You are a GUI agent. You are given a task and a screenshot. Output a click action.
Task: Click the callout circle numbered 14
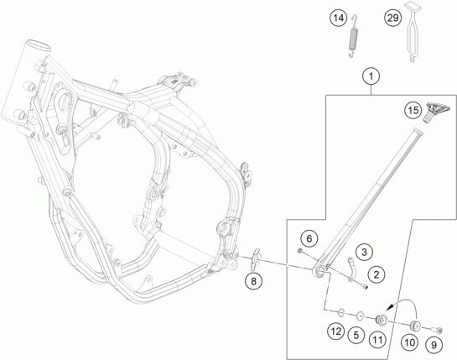[339, 18]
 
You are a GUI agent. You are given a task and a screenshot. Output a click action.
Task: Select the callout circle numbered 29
[392, 18]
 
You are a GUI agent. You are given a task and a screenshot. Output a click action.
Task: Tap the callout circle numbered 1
[371, 76]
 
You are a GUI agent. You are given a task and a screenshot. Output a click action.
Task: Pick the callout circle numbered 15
[413, 111]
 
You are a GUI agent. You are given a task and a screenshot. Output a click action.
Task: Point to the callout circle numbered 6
[309, 239]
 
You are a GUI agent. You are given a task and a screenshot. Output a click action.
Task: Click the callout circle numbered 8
[253, 281]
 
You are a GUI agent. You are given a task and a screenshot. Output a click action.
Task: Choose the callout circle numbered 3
[364, 252]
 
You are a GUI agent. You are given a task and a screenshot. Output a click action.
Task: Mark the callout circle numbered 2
[377, 274]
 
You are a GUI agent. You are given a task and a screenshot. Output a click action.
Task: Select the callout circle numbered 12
[335, 331]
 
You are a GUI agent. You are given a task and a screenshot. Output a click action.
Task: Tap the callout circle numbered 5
[356, 335]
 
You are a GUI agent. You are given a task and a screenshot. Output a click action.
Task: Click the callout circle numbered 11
[377, 339]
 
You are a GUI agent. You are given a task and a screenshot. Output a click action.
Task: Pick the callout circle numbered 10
[410, 342]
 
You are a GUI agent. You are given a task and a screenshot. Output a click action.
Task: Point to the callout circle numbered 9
[434, 345]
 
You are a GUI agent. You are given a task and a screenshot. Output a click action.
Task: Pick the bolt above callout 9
[437, 330]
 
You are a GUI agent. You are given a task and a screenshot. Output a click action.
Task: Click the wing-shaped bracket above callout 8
[255, 259]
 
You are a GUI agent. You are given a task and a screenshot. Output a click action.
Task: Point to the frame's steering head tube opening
[39, 46]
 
